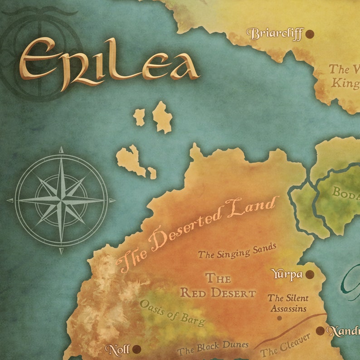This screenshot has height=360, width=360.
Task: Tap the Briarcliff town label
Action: (275, 34)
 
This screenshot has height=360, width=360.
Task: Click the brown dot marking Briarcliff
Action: (310, 34)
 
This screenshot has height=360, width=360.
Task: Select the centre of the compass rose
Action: (61, 200)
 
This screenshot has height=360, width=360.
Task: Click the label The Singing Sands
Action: (237, 251)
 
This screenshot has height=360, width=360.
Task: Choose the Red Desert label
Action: (218, 286)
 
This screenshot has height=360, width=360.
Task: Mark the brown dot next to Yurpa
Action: (310, 274)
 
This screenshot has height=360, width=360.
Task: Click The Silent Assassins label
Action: (288, 303)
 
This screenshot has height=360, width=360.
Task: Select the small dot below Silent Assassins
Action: (279, 318)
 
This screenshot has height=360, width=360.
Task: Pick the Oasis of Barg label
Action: (172, 312)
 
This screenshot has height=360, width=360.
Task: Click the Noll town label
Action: (117, 349)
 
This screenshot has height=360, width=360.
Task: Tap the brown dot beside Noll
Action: (136, 349)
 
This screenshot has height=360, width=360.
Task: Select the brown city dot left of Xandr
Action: (321, 331)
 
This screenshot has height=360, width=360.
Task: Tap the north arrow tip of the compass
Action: (61, 148)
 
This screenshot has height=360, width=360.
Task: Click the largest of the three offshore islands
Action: (131, 161)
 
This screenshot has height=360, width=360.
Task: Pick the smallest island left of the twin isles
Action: (139, 117)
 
